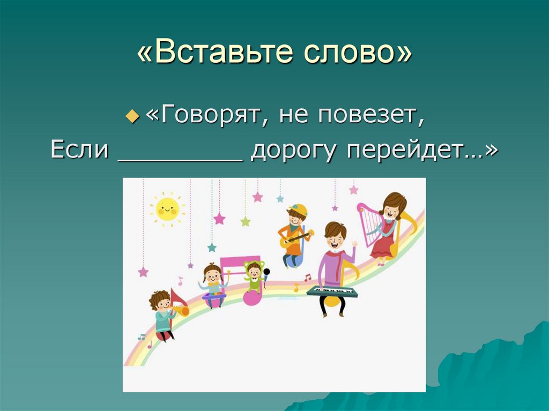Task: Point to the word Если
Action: (x=79, y=151)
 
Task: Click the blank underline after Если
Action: (x=179, y=159)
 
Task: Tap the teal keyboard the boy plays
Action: (x=332, y=292)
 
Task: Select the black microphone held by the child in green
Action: (x=266, y=272)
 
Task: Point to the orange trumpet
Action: (x=180, y=310)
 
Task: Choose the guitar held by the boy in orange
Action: (x=294, y=238)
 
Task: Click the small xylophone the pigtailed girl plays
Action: (x=214, y=296)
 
